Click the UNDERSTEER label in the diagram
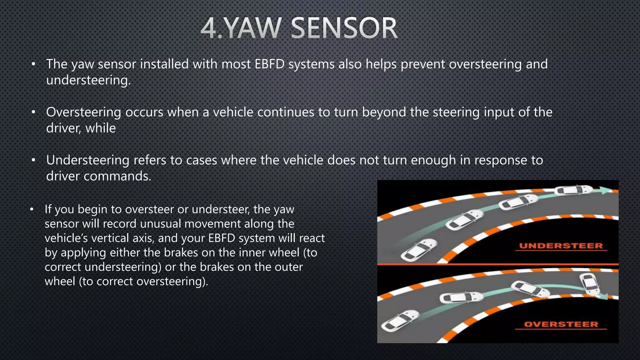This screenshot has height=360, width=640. coord(561,246)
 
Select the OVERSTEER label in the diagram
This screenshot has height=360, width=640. coord(561,324)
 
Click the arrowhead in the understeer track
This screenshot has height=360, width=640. coord(606,190)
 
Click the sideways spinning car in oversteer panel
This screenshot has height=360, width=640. coord(590,283)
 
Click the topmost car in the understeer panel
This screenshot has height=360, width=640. coord(573,190)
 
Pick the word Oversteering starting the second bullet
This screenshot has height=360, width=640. coord(83,112)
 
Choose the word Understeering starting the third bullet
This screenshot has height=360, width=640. coord(87,160)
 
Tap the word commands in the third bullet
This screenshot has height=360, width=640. coord(117,176)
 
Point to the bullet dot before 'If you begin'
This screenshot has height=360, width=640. coord(32,209)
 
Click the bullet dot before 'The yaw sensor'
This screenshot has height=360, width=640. coord(33,65)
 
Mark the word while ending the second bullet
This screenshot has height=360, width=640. coord(100,128)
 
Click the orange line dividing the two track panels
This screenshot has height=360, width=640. coord(497,264)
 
